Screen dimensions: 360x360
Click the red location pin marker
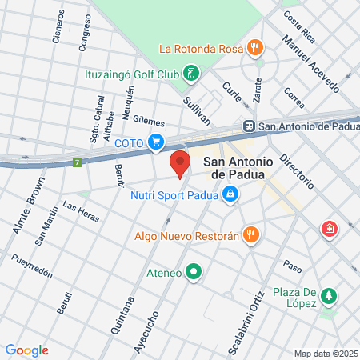pos(180,163)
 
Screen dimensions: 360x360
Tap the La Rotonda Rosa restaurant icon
pos(254,47)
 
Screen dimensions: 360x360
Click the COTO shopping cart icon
pos(156,143)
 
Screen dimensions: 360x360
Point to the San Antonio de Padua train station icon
pos(249,125)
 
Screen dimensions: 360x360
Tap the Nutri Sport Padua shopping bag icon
pos(230,194)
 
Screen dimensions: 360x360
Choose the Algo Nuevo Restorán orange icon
pos(251,234)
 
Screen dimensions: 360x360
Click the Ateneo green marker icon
pos(193,272)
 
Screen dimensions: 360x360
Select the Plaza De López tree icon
pos(328,298)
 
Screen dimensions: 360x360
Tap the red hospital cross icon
pos(328,230)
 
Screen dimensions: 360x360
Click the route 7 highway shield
pos(78,162)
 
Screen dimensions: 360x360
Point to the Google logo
pos(26,350)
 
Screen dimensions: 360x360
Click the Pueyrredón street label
pos(32,266)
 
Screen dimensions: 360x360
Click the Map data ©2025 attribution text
pos(325,354)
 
